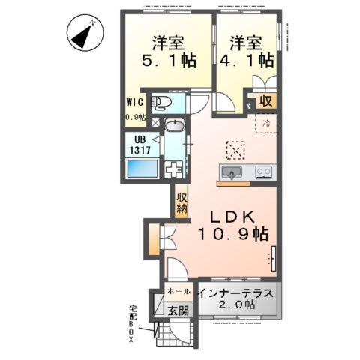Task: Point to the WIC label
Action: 134,103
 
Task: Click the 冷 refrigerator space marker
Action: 265,123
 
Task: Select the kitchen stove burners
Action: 263,173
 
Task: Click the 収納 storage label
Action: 181,203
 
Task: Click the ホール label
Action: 178,289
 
